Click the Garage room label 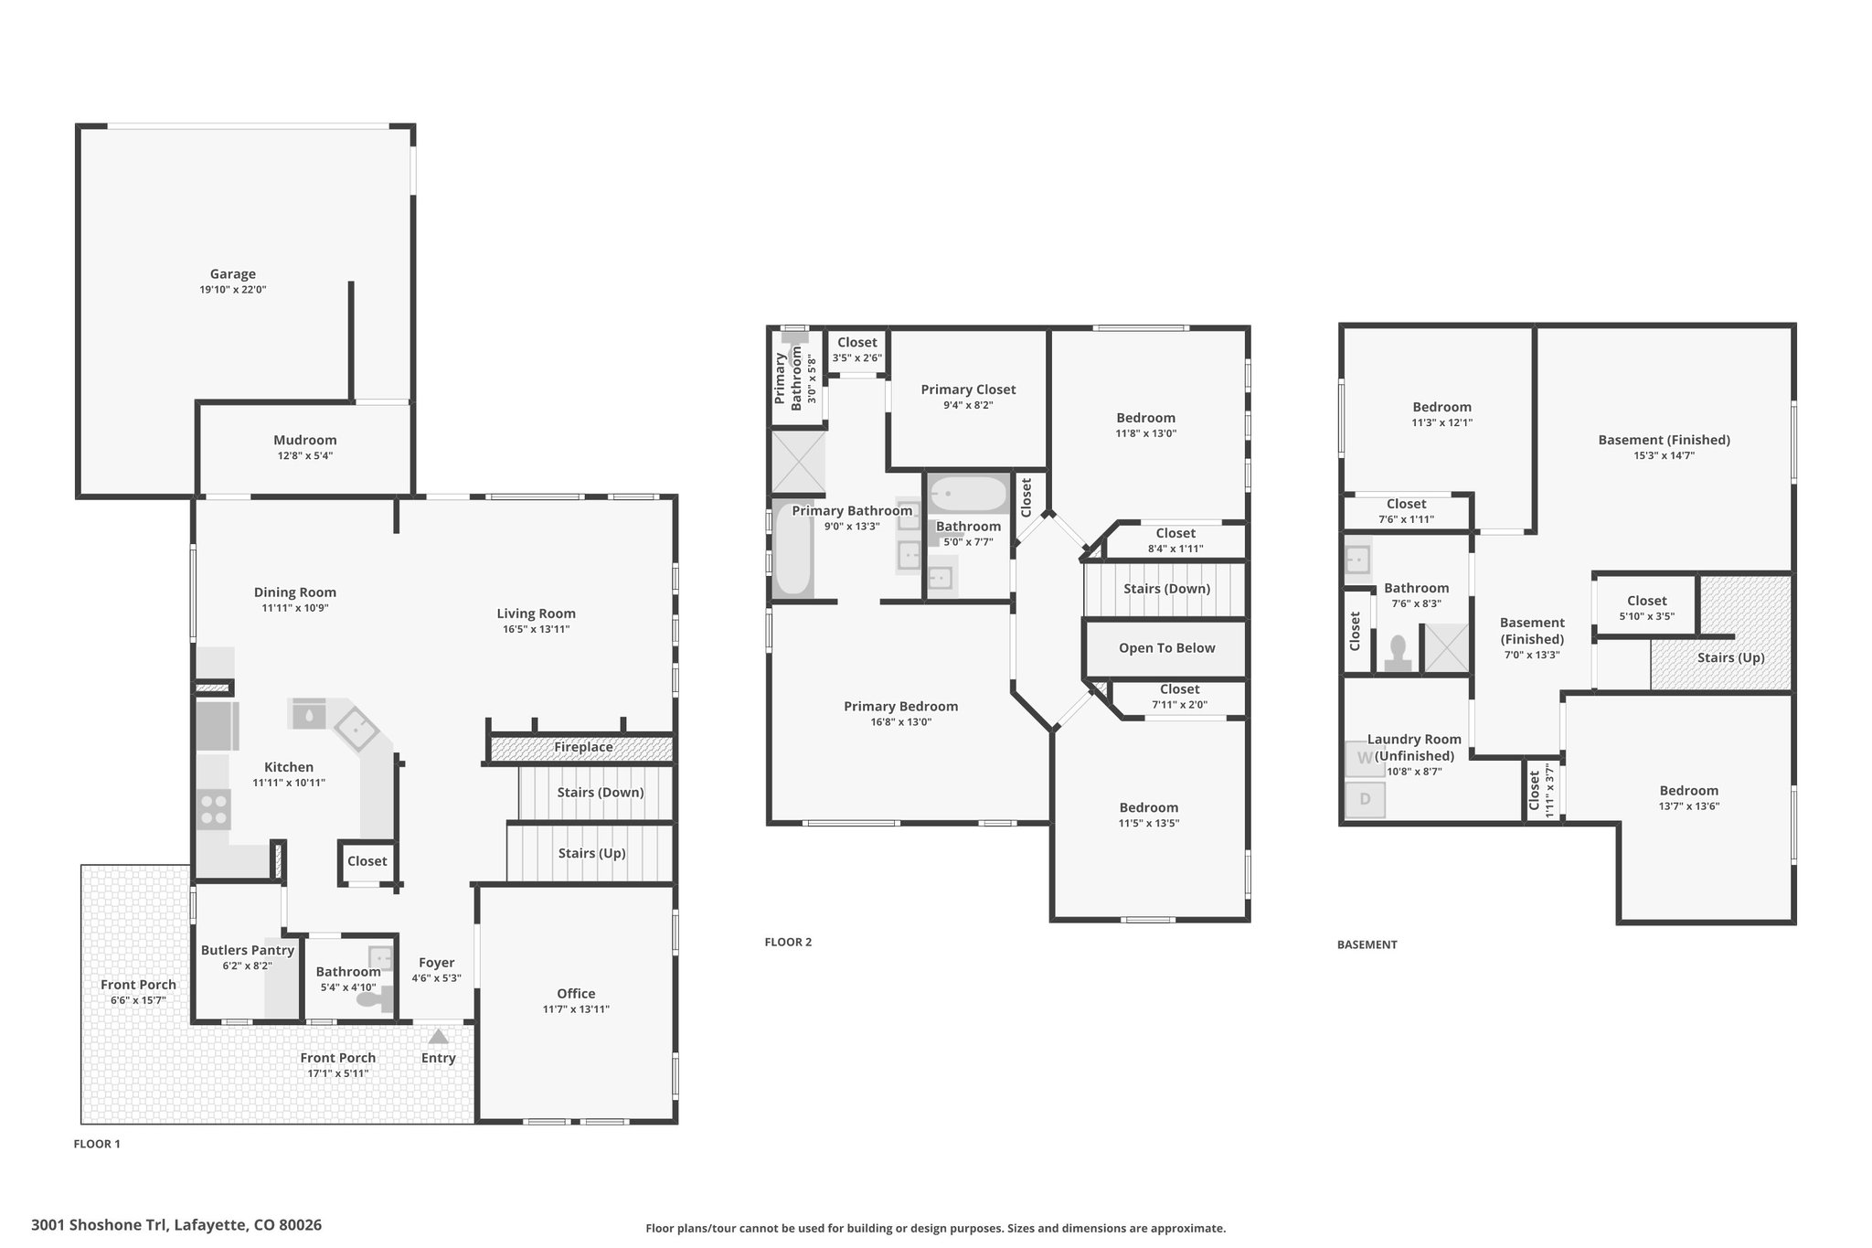[x=233, y=274]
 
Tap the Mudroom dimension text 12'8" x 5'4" [x=305, y=455]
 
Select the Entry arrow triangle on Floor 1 [x=439, y=1036]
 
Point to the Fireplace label [x=583, y=748]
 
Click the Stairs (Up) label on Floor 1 [x=592, y=853]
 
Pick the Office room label [x=576, y=994]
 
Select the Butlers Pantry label [x=248, y=950]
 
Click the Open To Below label [x=1167, y=648]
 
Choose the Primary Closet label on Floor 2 [x=968, y=389]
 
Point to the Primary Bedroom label [x=901, y=707]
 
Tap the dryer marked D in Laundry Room [x=1366, y=799]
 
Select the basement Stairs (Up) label [x=1731, y=657]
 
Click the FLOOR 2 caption [x=788, y=942]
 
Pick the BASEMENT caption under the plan [x=1367, y=944]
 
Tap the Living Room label [x=537, y=613]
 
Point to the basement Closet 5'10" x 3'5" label [x=1647, y=608]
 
